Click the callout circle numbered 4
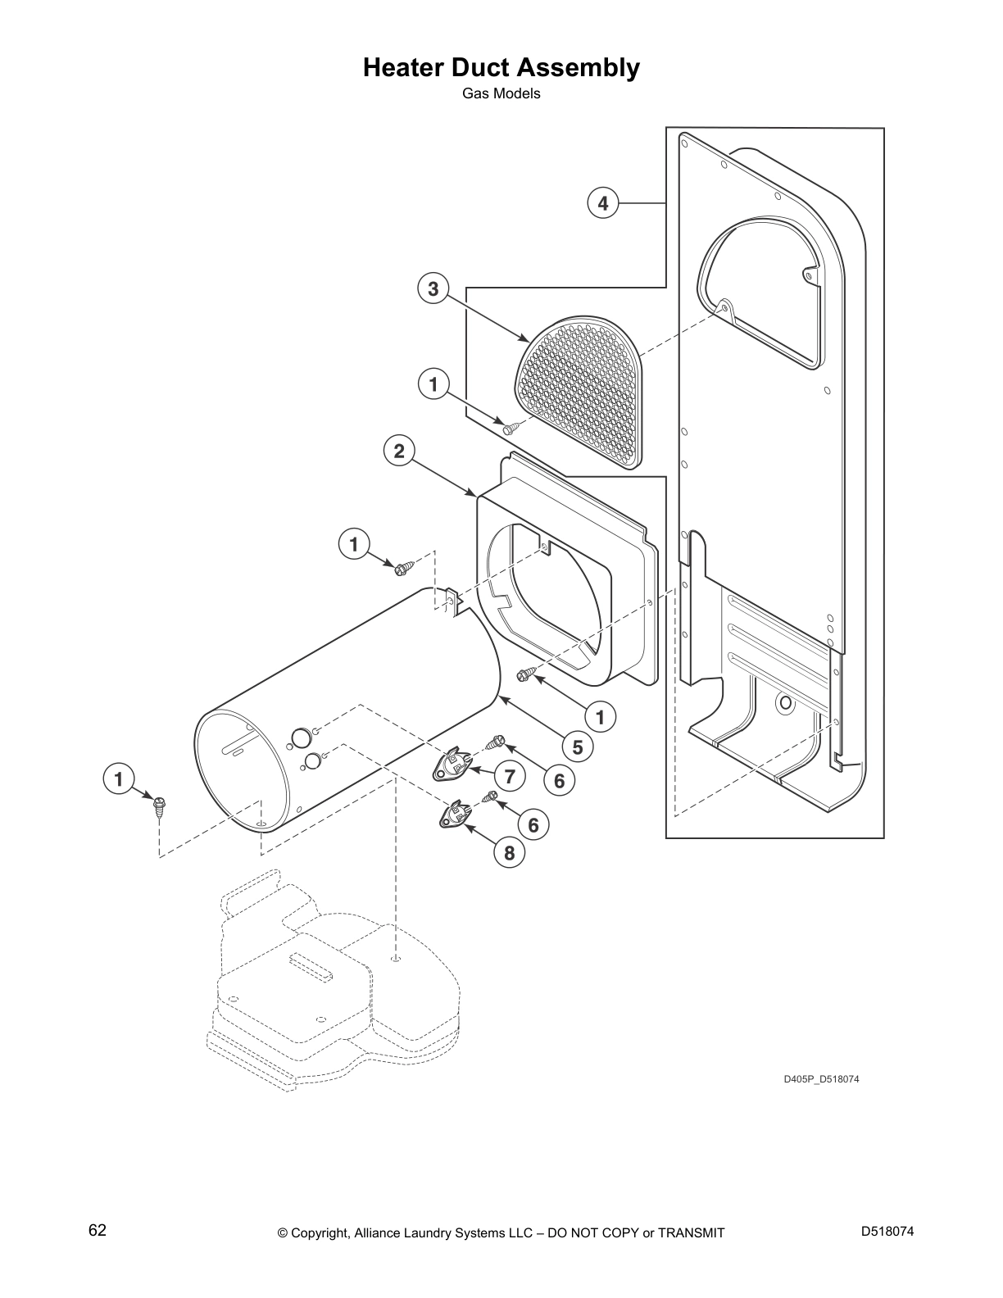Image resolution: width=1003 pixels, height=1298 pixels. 603,202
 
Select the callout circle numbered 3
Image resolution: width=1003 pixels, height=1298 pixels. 433,288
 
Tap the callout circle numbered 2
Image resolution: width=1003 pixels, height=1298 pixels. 399,451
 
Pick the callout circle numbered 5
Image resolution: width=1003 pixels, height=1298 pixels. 578,747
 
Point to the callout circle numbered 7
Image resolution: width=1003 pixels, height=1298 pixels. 510,776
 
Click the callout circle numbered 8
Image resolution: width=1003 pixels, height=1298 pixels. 509,853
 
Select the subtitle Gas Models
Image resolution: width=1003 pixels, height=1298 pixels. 501,93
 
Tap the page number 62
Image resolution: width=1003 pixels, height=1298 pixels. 97,1230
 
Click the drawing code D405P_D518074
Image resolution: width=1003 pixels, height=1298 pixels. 820,1079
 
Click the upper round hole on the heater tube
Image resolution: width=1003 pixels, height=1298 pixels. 302,736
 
